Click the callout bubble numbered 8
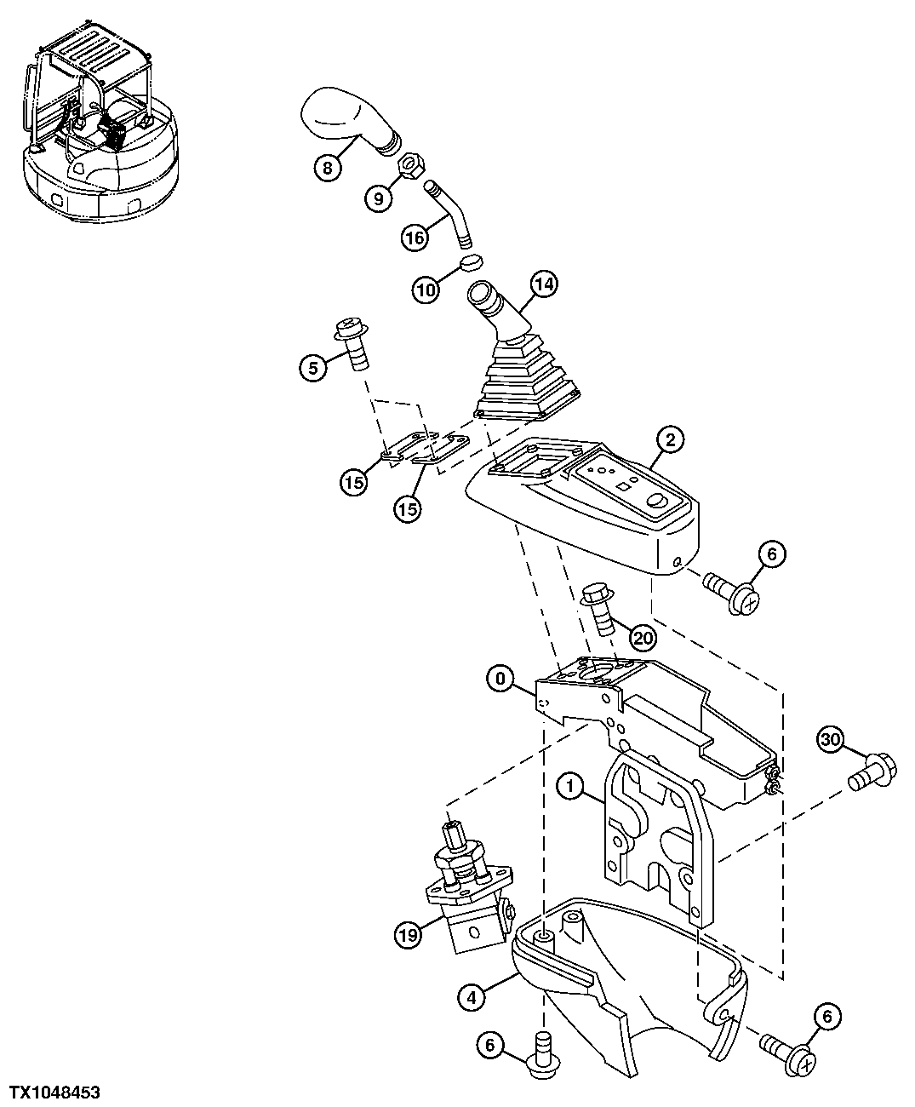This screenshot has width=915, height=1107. [327, 168]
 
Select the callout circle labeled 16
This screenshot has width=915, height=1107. [415, 238]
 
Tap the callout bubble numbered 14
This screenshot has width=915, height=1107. [545, 284]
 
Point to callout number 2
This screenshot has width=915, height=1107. [670, 439]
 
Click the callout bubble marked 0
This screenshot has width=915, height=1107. [501, 679]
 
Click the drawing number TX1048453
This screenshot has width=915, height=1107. [55, 1090]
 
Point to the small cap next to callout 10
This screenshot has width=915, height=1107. [472, 261]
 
